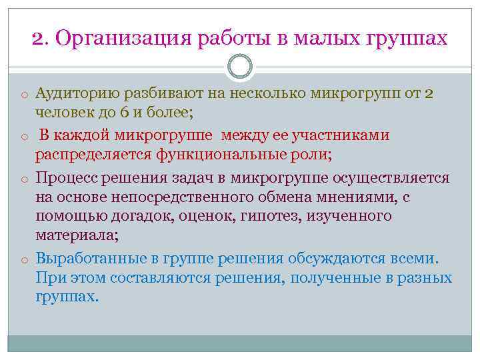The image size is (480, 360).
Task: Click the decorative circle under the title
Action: (x=240, y=67)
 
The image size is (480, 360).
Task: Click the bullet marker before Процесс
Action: (x=23, y=179)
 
